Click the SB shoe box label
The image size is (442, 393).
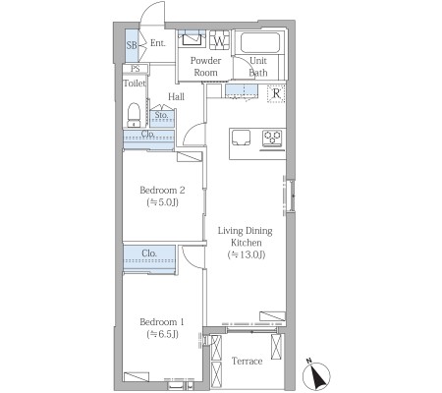(132, 45)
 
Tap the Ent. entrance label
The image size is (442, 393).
(158, 43)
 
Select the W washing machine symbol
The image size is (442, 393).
(219, 40)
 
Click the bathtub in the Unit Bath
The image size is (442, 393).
(260, 42)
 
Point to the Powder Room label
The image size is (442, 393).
(205, 67)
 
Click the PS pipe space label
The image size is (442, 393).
(135, 69)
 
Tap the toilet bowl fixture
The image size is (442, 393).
(134, 115)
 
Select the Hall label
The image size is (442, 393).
(176, 96)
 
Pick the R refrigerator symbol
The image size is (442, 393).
(276, 93)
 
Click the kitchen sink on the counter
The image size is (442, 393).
(241, 138)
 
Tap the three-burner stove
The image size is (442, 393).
(272, 139)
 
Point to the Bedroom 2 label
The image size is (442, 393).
(162, 190)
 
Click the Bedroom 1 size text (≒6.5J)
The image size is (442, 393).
(163, 334)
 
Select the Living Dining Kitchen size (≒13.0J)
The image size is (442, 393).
(247, 254)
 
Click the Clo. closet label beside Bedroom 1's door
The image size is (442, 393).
(149, 253)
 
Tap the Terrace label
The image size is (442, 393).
(248, 361)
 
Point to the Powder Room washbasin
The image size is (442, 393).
(192, 39)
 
